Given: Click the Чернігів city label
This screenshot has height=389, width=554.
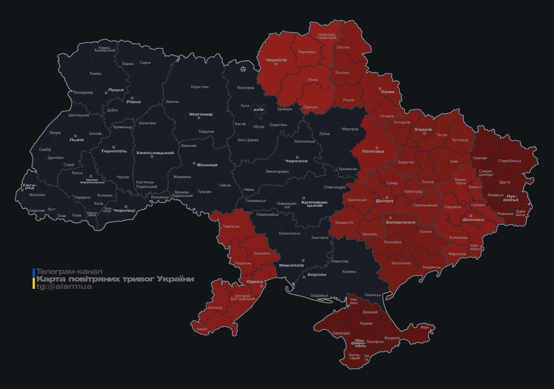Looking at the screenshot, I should (x=276, y=60).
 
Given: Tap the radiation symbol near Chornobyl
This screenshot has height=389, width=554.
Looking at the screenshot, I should (x=244, y=68).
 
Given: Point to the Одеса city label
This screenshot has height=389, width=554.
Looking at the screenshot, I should (x=254, y=282).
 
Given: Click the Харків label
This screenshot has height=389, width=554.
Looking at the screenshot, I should (x=423, y=130).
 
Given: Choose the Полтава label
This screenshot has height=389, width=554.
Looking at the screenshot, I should (x=373, y=151).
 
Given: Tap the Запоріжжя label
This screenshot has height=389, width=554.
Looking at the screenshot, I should (x=401, y=222).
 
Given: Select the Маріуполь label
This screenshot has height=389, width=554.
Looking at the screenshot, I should (x=457, y=253).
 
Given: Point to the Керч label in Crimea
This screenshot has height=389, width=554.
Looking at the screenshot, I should (x=424, y=327).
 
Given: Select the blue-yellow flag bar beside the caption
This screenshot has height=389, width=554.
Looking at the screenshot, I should (x=33, y=279).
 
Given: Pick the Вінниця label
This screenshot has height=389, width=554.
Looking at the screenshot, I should (x=207, y=165).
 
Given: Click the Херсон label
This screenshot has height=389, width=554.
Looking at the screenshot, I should (x=316, y=274).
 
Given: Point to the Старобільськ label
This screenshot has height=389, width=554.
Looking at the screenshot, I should (x=509, y=161).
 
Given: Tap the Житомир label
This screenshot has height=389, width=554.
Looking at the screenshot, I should (x=201, y=114).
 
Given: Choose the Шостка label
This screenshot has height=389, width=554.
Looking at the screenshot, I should (x=343, y=47).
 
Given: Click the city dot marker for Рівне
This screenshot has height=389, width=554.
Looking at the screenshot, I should (x=133, y=98).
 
